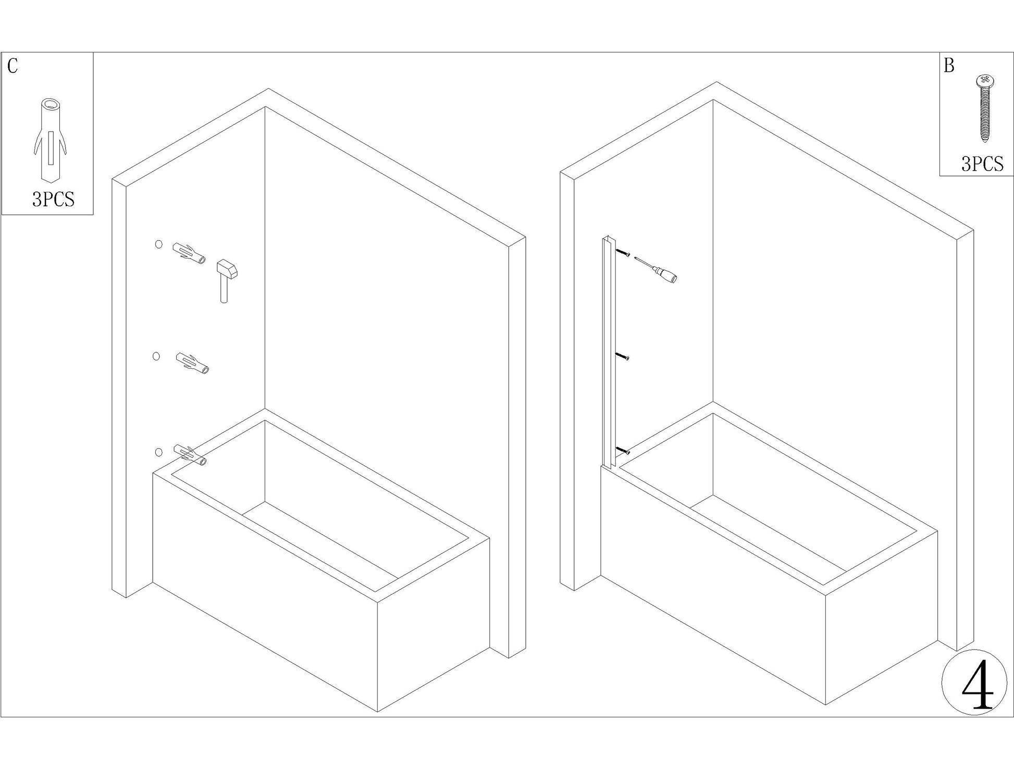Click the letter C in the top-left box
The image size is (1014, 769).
click(x=13, y=66)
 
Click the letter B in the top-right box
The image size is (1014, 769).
click(x=949, y=66)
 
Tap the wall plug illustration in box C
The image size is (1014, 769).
click(x=51, y=139)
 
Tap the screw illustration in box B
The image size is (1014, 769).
click(x=984, y=108)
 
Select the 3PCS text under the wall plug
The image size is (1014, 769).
click(x=53, y=199)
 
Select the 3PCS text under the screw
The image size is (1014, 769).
click(x=982, y=164)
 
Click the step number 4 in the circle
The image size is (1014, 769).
click(x=978, y=684)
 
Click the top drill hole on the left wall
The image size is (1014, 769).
click(x=159, y=244)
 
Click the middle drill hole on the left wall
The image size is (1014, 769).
click(x=156, y=356)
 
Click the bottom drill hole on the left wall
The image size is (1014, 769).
click(x=159, y=452)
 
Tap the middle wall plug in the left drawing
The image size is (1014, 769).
click(x=192, y=363)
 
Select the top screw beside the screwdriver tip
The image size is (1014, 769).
click(x=623, y=253)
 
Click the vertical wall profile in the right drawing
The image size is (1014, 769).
click(x=609, y=352)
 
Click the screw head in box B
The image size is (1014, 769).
click(x=984, y=80)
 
